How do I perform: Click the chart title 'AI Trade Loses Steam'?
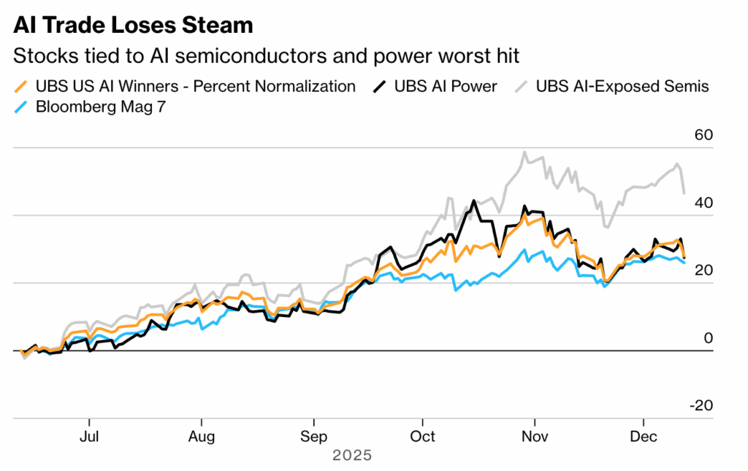[x=133, y=26]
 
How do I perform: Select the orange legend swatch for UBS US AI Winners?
[x=23, y=86]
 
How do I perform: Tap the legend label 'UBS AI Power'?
[x=446, y=86]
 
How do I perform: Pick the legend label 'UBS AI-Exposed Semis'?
[x=622, y=86]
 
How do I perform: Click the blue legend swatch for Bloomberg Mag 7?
[x=23, y=107]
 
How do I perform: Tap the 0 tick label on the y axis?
[x=707, y=338]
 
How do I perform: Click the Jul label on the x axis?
[x=88, y=437]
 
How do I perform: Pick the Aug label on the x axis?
[x=201, y=437]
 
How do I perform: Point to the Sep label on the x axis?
[x=313, y=437]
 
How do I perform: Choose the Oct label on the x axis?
[x=422, y=437]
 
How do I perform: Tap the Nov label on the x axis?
[x=535, y=437]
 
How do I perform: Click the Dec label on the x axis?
[x=644, y=437]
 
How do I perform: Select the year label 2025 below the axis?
[x=352, y=456]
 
